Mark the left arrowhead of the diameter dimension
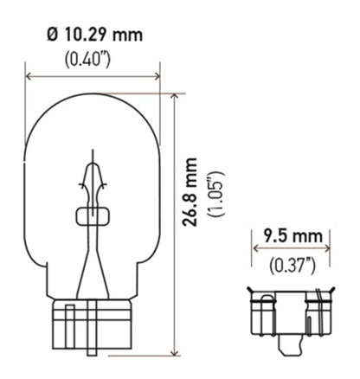(x=30, y=76)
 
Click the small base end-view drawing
(x=292, y=316)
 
